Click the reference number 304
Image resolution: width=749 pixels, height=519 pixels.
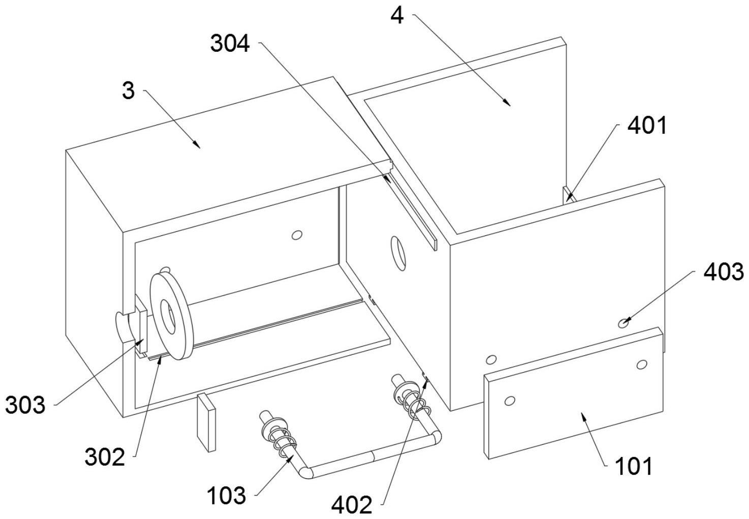(x=230, y=44)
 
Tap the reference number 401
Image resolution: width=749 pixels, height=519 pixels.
(x=647, y=126)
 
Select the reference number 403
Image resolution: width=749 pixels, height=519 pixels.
(x=724, y=271)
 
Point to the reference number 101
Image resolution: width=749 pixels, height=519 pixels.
(x=634, y=467)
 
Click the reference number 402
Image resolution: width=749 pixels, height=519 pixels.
(x=352, y=505)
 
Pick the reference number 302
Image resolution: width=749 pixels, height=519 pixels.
(x=105, y=457)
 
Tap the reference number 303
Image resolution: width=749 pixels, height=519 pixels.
(x=25, y=405)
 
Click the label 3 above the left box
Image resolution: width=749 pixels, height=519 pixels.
(x=128, y=90)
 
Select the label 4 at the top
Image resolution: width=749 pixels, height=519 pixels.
(x=397, y=15)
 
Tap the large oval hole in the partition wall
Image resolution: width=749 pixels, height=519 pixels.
(x=398, y=253)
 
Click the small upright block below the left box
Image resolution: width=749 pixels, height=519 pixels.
(x=206, y=423)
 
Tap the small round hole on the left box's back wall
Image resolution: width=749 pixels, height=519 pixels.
(x=297, y=235)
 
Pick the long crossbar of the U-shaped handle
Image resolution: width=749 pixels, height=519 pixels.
(x=372, y=455)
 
